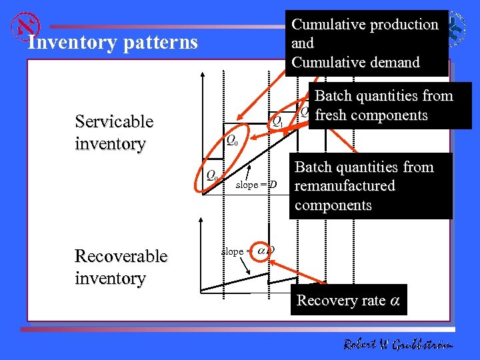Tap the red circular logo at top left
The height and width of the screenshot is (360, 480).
[27, 26]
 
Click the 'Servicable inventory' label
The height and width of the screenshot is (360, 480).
[114, 132]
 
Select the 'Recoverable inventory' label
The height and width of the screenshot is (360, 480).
[121, 267]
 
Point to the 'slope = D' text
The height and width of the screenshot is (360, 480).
[256, 184]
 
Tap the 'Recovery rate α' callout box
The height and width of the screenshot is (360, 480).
[348, 301]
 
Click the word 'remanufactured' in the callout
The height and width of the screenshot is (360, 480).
[345, 186]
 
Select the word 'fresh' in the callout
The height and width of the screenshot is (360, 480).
[333, 115]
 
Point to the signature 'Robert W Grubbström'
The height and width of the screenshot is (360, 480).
[398, 344]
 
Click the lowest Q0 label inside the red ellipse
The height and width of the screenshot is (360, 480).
[211, 177]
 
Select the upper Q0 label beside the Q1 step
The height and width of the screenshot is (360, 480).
[232, 140]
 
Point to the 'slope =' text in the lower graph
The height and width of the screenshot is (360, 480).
[234, 251]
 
